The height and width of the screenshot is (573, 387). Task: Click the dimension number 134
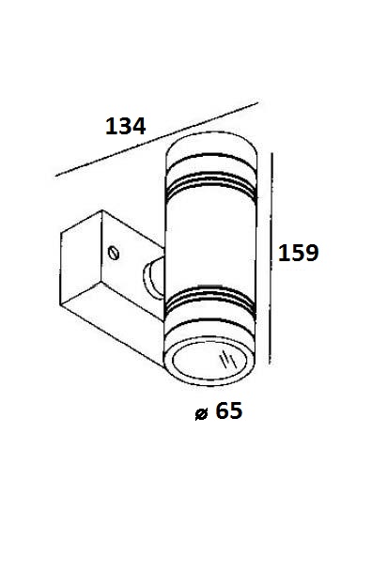pyautogui.click(x=125, y=126)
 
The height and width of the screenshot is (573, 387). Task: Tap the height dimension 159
pyautogui.click(x=298, y=253)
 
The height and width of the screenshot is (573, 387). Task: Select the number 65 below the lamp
pyautogui.click(x=229, y=410)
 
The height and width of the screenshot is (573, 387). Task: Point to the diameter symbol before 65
pyautogui.click(x=201, y=414)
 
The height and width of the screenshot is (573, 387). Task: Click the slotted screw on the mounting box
pyautogui.click(x=114, y=253)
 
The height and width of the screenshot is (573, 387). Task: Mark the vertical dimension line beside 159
pyautogui.click(x=271, y=258)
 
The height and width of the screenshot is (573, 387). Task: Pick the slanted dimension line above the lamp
pyautogui.click(x=157, y=139)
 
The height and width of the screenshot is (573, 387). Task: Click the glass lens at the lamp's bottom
pyautogui.click(x=209, y=361)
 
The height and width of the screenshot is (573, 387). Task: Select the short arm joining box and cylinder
pyautogui.click(x=153, y=276)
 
